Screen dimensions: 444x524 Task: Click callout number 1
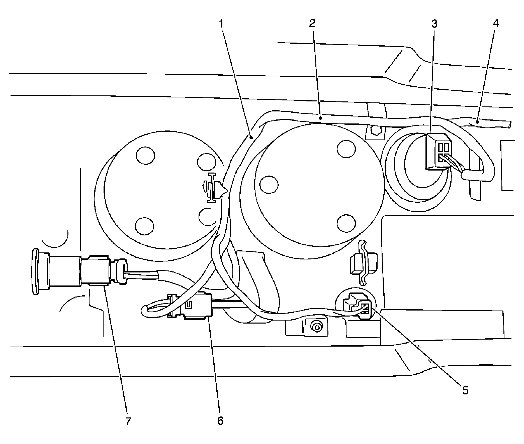[x=221, y=24]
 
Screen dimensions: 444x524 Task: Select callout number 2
[x=312, y=23]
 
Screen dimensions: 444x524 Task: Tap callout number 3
[x=434, y=24]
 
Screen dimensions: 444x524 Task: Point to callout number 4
[x=495, y=23]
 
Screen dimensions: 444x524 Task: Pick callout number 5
[x=465, y=390]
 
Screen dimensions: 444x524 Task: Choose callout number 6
[x=220, y=421]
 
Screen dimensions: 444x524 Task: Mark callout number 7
[x=128, y=421]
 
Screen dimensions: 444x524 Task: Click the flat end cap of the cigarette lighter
[x=35, y=272]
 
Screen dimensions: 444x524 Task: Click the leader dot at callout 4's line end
[x=477, y=122]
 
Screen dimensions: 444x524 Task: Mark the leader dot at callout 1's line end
[x=251, y=137]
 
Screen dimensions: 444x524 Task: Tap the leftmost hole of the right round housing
[x=269, y=185]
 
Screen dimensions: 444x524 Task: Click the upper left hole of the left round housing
[x=145, y=155]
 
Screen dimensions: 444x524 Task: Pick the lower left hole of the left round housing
[x=144, y=226]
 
